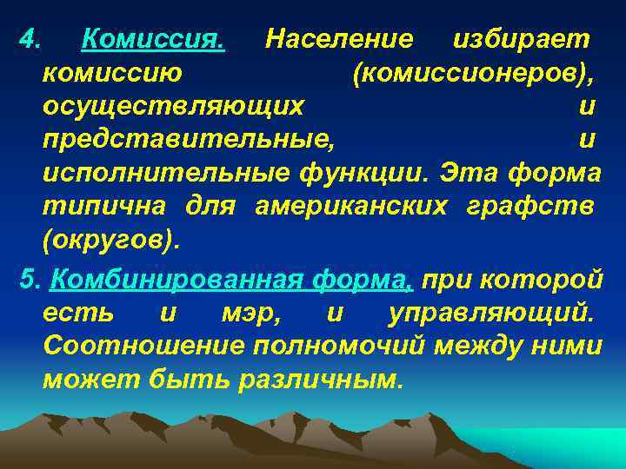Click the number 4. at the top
click(x=30, y=39)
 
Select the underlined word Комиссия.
click(x=153, y=39)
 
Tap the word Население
click(x=339, y=39)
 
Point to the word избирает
click(x=523, y=39)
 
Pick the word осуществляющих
click(x=174, y=106)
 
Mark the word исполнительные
click(x=166, y=172)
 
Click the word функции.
click(x=365, y=172)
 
